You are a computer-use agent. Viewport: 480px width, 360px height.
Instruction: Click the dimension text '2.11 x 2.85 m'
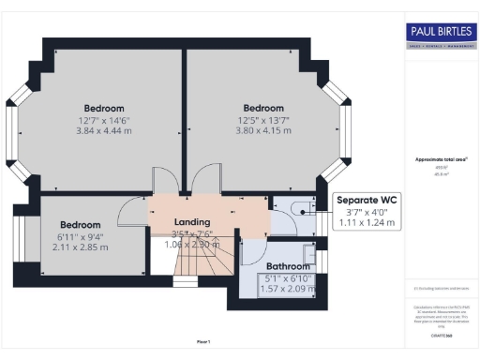(x=80, y=247)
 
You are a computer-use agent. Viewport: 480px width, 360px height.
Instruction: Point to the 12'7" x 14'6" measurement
(x=103, y=119)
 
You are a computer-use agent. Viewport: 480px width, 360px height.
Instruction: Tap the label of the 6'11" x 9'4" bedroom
(x=80, y=225)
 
